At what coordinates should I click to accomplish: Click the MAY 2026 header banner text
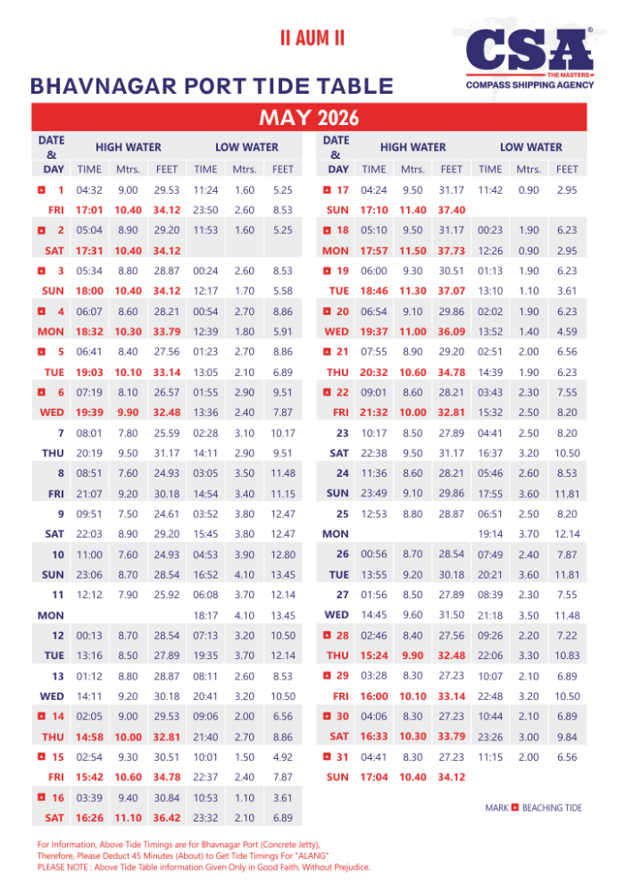(309, 118)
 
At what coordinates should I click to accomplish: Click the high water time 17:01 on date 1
(89, 210)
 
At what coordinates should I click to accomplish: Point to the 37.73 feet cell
(451, 251)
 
